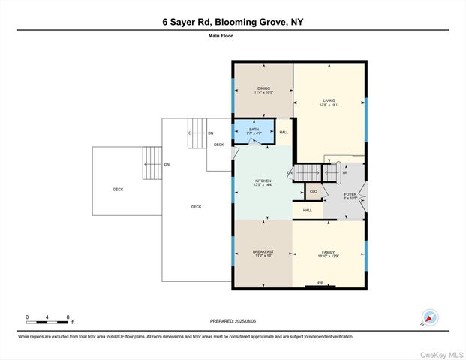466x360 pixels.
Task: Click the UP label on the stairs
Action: point(345,172)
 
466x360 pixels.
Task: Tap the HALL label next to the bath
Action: point(283,133)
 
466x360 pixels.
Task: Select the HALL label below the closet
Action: point(308,211)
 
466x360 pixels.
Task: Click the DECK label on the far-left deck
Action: point(118,190)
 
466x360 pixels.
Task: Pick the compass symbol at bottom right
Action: point(430,318)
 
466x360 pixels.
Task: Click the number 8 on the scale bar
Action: point(68,317)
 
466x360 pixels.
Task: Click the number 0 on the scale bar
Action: point(27,317)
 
